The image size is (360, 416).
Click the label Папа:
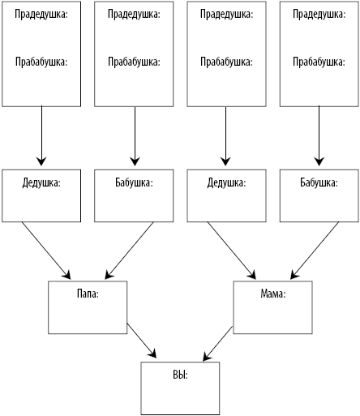(x=88, y=294)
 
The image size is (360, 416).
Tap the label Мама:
(x=273, y=294)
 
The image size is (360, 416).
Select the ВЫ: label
(x=180, y=375)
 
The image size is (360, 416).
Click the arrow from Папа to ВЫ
(x=142, y=341)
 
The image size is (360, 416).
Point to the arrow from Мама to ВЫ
(x=218, y=344)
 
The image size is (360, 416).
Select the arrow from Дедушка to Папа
(x=46, y=251)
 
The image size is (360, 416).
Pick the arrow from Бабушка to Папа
(x=129, y=251)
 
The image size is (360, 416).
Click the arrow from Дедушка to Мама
(x=232, y=251)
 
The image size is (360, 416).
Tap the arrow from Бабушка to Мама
(x=315, y=251)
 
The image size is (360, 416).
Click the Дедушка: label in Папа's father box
(x=41, y=183)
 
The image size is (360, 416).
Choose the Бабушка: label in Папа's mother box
(x=134, y=183)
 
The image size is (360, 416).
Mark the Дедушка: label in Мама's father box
(x=226, y=183)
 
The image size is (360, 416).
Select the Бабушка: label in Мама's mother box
(x=319, y=183)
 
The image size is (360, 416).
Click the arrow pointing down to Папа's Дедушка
(x=41, y=135)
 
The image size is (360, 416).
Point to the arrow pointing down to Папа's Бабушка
(x=135, y=135)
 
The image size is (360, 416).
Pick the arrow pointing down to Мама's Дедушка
(x=225, y=135)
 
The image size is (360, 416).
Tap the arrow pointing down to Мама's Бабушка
(x=319, y=135)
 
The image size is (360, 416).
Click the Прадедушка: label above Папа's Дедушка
(x=41, y=15)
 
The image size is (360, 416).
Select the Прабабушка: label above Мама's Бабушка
(x=319, y=62)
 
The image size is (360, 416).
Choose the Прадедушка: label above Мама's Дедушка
(x=226, y=15)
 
